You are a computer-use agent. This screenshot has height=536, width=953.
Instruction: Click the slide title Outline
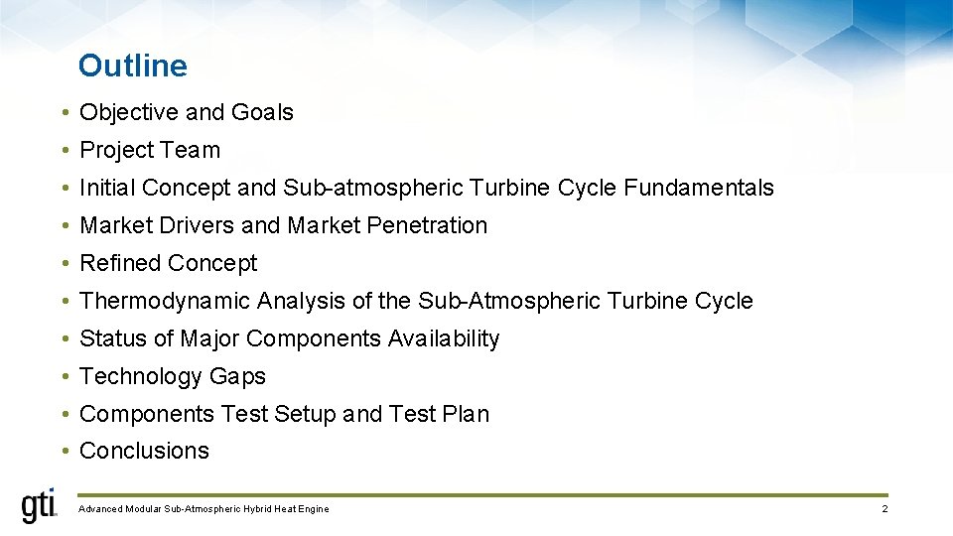(x=132, y=66)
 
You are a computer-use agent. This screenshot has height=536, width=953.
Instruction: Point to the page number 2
(x=885, y=509)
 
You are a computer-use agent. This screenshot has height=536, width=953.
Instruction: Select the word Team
(x=195, y=151)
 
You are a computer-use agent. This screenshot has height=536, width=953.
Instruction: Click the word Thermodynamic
(x=165, y=301)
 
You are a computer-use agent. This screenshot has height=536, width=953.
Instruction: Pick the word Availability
(x=444, y=338)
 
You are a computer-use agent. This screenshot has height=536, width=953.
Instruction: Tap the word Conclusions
(x=144, y=451)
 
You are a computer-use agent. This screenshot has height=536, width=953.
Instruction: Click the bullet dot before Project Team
(x=63, y=151)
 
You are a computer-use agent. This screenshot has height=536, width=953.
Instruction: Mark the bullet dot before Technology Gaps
(x=63, y=376)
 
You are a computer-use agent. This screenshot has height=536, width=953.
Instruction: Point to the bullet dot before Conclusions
(x=63, y=451)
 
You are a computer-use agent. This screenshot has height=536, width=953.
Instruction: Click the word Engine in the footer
(x=313, y=509)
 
